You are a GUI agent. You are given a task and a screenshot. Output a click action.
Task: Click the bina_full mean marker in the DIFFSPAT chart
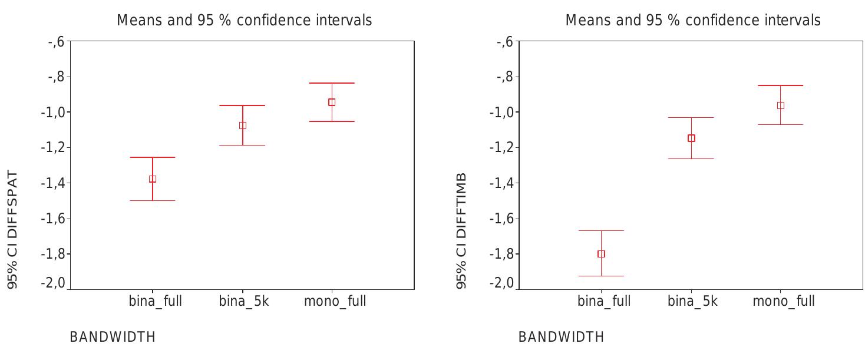point(153,179)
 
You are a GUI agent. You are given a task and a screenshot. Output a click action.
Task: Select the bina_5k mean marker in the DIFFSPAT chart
point(243,125)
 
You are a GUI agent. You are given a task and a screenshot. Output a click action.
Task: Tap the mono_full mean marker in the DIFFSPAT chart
point(332,102)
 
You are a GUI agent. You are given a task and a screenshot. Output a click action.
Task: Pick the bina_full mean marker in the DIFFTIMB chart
point(601,254)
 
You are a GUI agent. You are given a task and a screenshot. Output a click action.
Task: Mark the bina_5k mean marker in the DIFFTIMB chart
point(691,138)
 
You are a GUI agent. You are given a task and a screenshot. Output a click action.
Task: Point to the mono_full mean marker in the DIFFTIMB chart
point(781,105)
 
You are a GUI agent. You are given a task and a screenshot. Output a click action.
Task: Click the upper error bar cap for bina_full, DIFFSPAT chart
point(153,157)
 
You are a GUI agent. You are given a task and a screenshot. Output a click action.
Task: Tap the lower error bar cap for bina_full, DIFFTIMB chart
point(601,276)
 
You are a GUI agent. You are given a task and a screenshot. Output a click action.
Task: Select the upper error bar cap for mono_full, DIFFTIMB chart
point(781,85)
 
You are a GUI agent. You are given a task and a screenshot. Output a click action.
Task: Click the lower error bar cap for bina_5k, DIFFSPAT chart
point(243,145)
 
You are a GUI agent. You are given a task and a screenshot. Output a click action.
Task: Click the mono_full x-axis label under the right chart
point(783,302)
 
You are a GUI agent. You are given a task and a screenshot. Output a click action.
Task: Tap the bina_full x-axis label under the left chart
point(156,302)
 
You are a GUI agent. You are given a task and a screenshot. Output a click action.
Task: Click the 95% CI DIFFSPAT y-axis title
point(12,230)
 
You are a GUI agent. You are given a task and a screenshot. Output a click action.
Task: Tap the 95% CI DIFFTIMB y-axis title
point(461,230)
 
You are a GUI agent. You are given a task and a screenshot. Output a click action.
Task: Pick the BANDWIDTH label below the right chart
point(561,338)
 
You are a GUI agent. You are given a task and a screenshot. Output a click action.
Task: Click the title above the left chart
point(245,21)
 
